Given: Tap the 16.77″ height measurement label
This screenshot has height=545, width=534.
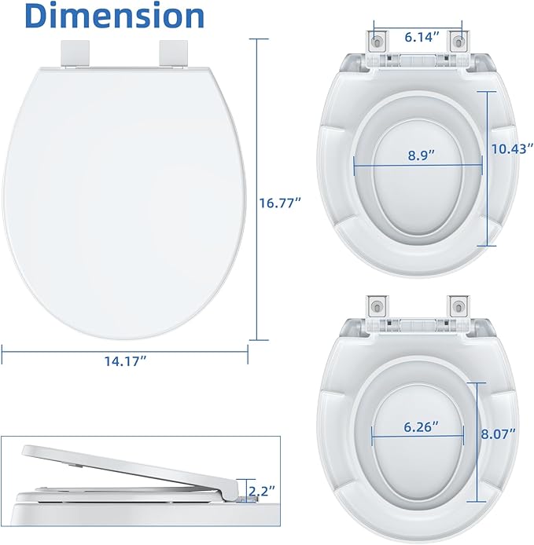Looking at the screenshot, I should tap(281, 203).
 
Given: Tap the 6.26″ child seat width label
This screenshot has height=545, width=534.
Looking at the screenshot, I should tap(421, 426).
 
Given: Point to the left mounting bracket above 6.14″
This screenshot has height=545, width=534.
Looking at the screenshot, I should tap(379, 39).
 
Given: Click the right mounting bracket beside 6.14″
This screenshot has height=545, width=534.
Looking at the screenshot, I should tap(457, 39).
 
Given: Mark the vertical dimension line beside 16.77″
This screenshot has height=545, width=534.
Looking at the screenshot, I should tap(256, 192).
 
